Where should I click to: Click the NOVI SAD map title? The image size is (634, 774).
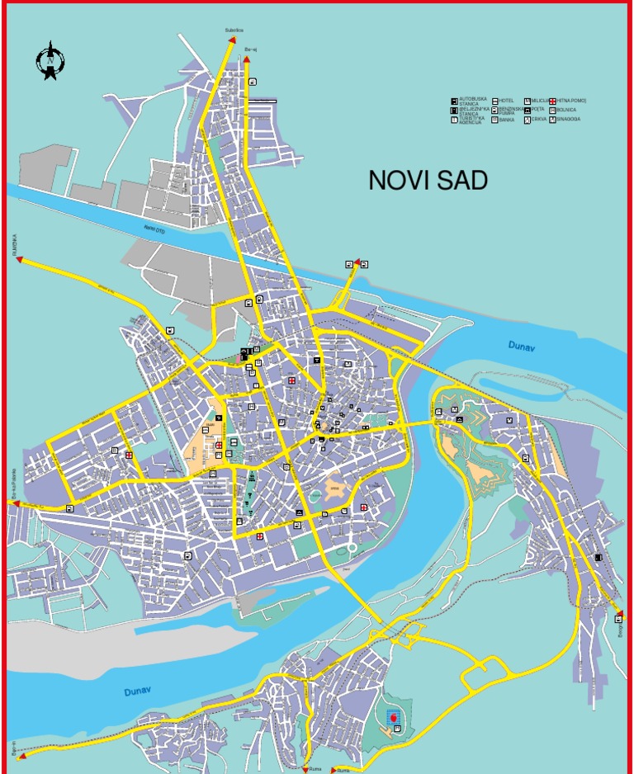click(428, 181)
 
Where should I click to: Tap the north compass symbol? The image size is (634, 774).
click(50, 60)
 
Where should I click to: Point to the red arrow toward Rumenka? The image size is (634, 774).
click(18, 260)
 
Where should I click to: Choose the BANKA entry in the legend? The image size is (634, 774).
click(506, 120)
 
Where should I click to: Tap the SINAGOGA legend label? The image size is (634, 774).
click(568, 119)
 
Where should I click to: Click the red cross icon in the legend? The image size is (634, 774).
click(552, 101)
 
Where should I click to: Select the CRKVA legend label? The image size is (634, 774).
click(538, 119)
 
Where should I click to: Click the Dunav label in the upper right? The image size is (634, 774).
click(521, 348)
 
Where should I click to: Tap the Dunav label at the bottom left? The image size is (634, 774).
click(138, 691)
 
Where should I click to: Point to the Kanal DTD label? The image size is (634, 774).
click(154, 230)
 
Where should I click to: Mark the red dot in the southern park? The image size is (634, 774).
click(395, 719)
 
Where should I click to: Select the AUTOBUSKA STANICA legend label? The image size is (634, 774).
click(468, 101)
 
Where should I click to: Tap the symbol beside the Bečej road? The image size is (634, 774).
click(253, 81)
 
